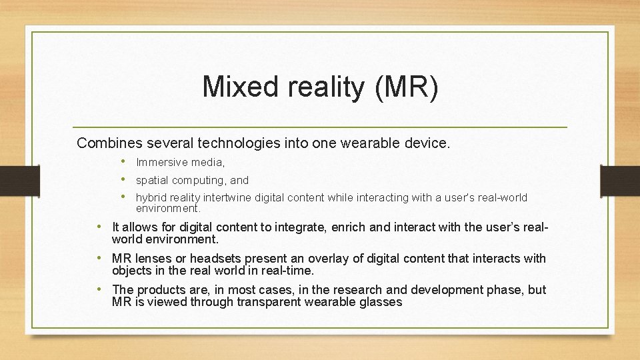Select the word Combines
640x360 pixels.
pyautogui.click(x=107, y=143)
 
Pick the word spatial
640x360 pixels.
pyautogui.click(x=152, y=180)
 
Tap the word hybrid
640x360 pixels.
pyautogui.click(x=151, y=197)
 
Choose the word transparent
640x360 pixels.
pyautogui.click(x=257, y=302)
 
